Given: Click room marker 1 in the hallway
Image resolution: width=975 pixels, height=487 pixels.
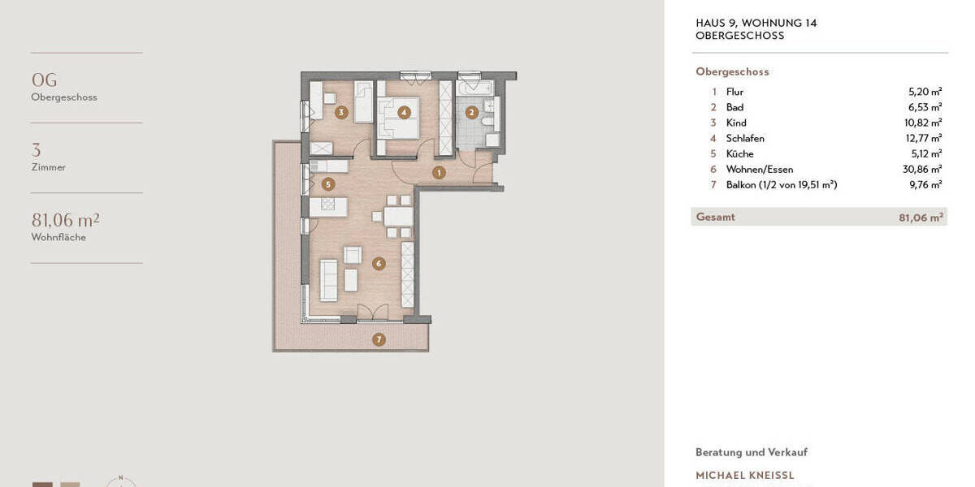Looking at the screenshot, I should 439,172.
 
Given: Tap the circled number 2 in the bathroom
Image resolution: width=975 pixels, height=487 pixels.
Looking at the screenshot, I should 471,113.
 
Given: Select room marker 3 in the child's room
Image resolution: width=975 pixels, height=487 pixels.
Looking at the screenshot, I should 341,112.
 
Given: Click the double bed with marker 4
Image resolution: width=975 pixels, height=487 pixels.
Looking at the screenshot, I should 398,117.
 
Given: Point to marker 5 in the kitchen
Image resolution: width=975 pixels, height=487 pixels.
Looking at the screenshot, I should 328,184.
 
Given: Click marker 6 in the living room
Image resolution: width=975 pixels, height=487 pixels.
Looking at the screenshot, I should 379,263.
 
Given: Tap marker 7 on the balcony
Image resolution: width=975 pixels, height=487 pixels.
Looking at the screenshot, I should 379,339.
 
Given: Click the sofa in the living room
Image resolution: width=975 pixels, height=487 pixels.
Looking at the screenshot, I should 328,279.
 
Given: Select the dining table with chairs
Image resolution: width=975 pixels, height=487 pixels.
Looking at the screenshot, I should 398,217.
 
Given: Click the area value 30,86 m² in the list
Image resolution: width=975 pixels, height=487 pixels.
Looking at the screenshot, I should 925,170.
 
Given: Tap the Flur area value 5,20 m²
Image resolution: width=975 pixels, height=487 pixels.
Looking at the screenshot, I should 925,93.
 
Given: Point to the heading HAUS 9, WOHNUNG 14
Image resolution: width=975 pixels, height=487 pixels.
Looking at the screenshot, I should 756,24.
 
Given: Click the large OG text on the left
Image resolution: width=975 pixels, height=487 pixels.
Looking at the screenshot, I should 44,80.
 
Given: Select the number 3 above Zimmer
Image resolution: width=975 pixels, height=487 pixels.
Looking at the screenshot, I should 36,150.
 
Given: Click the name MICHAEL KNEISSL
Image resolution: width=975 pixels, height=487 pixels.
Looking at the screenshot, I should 745,476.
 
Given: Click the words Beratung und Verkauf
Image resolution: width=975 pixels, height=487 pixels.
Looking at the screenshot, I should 751,452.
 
